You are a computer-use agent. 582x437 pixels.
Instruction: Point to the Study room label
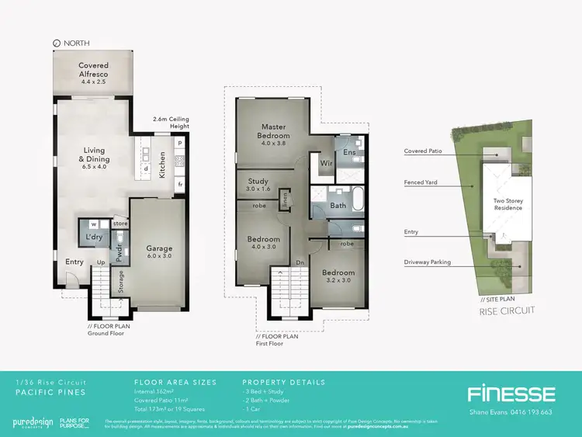click(x=258, y=186)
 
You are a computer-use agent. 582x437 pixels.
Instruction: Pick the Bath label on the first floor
click(x=338, y=206)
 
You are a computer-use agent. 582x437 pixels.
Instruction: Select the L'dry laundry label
click(x=95, y=236)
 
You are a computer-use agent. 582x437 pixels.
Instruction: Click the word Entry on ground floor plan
click(x=74, y=262)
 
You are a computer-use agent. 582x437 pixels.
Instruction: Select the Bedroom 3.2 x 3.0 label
click(x=338, y=277)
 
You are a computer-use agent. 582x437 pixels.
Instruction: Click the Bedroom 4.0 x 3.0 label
click(x=265, y=244)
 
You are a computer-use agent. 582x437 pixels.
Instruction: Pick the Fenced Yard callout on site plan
click(x=424, y=183)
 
